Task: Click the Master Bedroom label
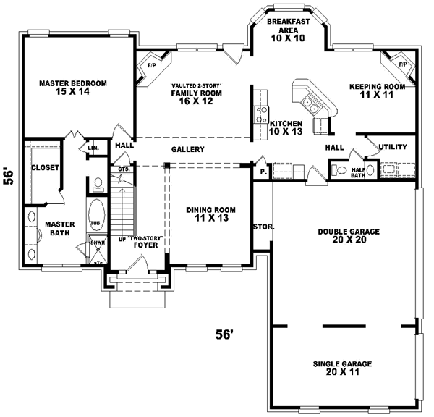73,88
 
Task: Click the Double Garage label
349,237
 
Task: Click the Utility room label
392,147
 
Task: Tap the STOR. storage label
263,227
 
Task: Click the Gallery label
187,150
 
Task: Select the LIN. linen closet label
93,148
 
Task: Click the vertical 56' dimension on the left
9,177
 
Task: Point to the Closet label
45,168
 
